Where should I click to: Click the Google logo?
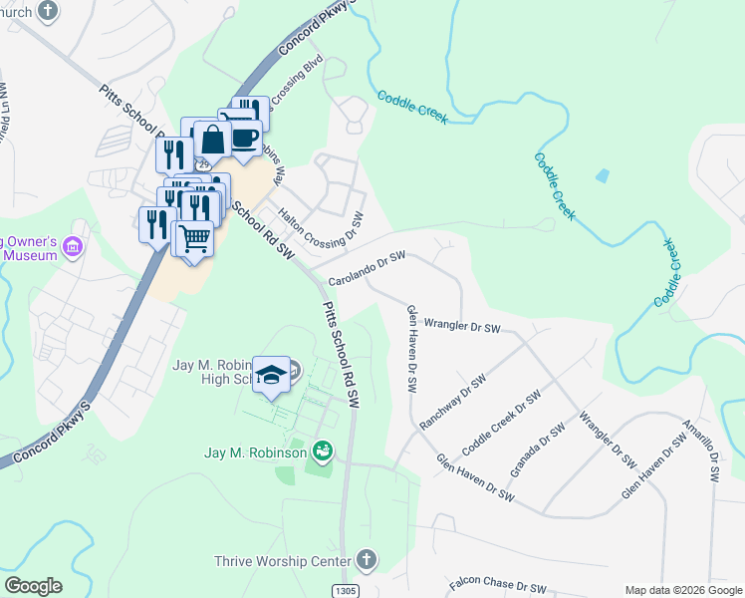point(33,586)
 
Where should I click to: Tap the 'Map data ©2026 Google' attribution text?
point(682,589)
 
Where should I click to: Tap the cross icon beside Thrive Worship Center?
point(367,559)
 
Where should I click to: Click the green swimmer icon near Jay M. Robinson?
point(322,452)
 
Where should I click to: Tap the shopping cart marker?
point(194,237)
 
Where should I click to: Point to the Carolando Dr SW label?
point(368,269)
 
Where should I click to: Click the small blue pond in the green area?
point(602,176)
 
